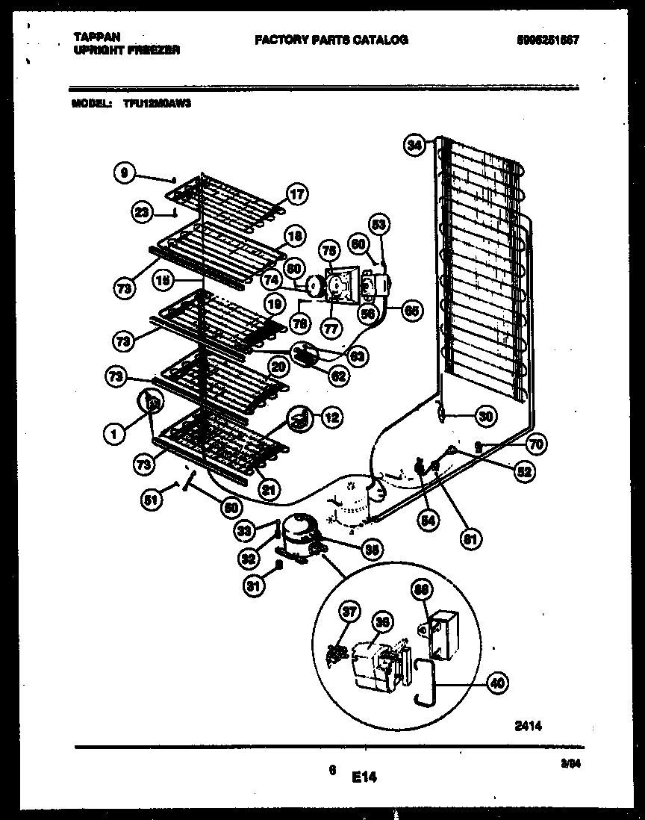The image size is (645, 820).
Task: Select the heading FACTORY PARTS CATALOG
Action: [331, 40]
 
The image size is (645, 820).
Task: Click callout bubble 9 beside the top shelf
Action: [125, 173]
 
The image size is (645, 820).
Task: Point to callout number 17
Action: [296, 196]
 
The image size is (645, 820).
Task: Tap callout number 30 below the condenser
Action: [485, 417]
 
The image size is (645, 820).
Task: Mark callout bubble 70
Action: [535, 445]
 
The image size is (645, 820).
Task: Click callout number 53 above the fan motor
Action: [380, 224]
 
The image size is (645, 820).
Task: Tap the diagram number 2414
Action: [527, 725]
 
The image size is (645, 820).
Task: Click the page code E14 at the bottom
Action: [364, 777]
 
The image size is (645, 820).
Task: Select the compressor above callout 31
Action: [298, 532]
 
